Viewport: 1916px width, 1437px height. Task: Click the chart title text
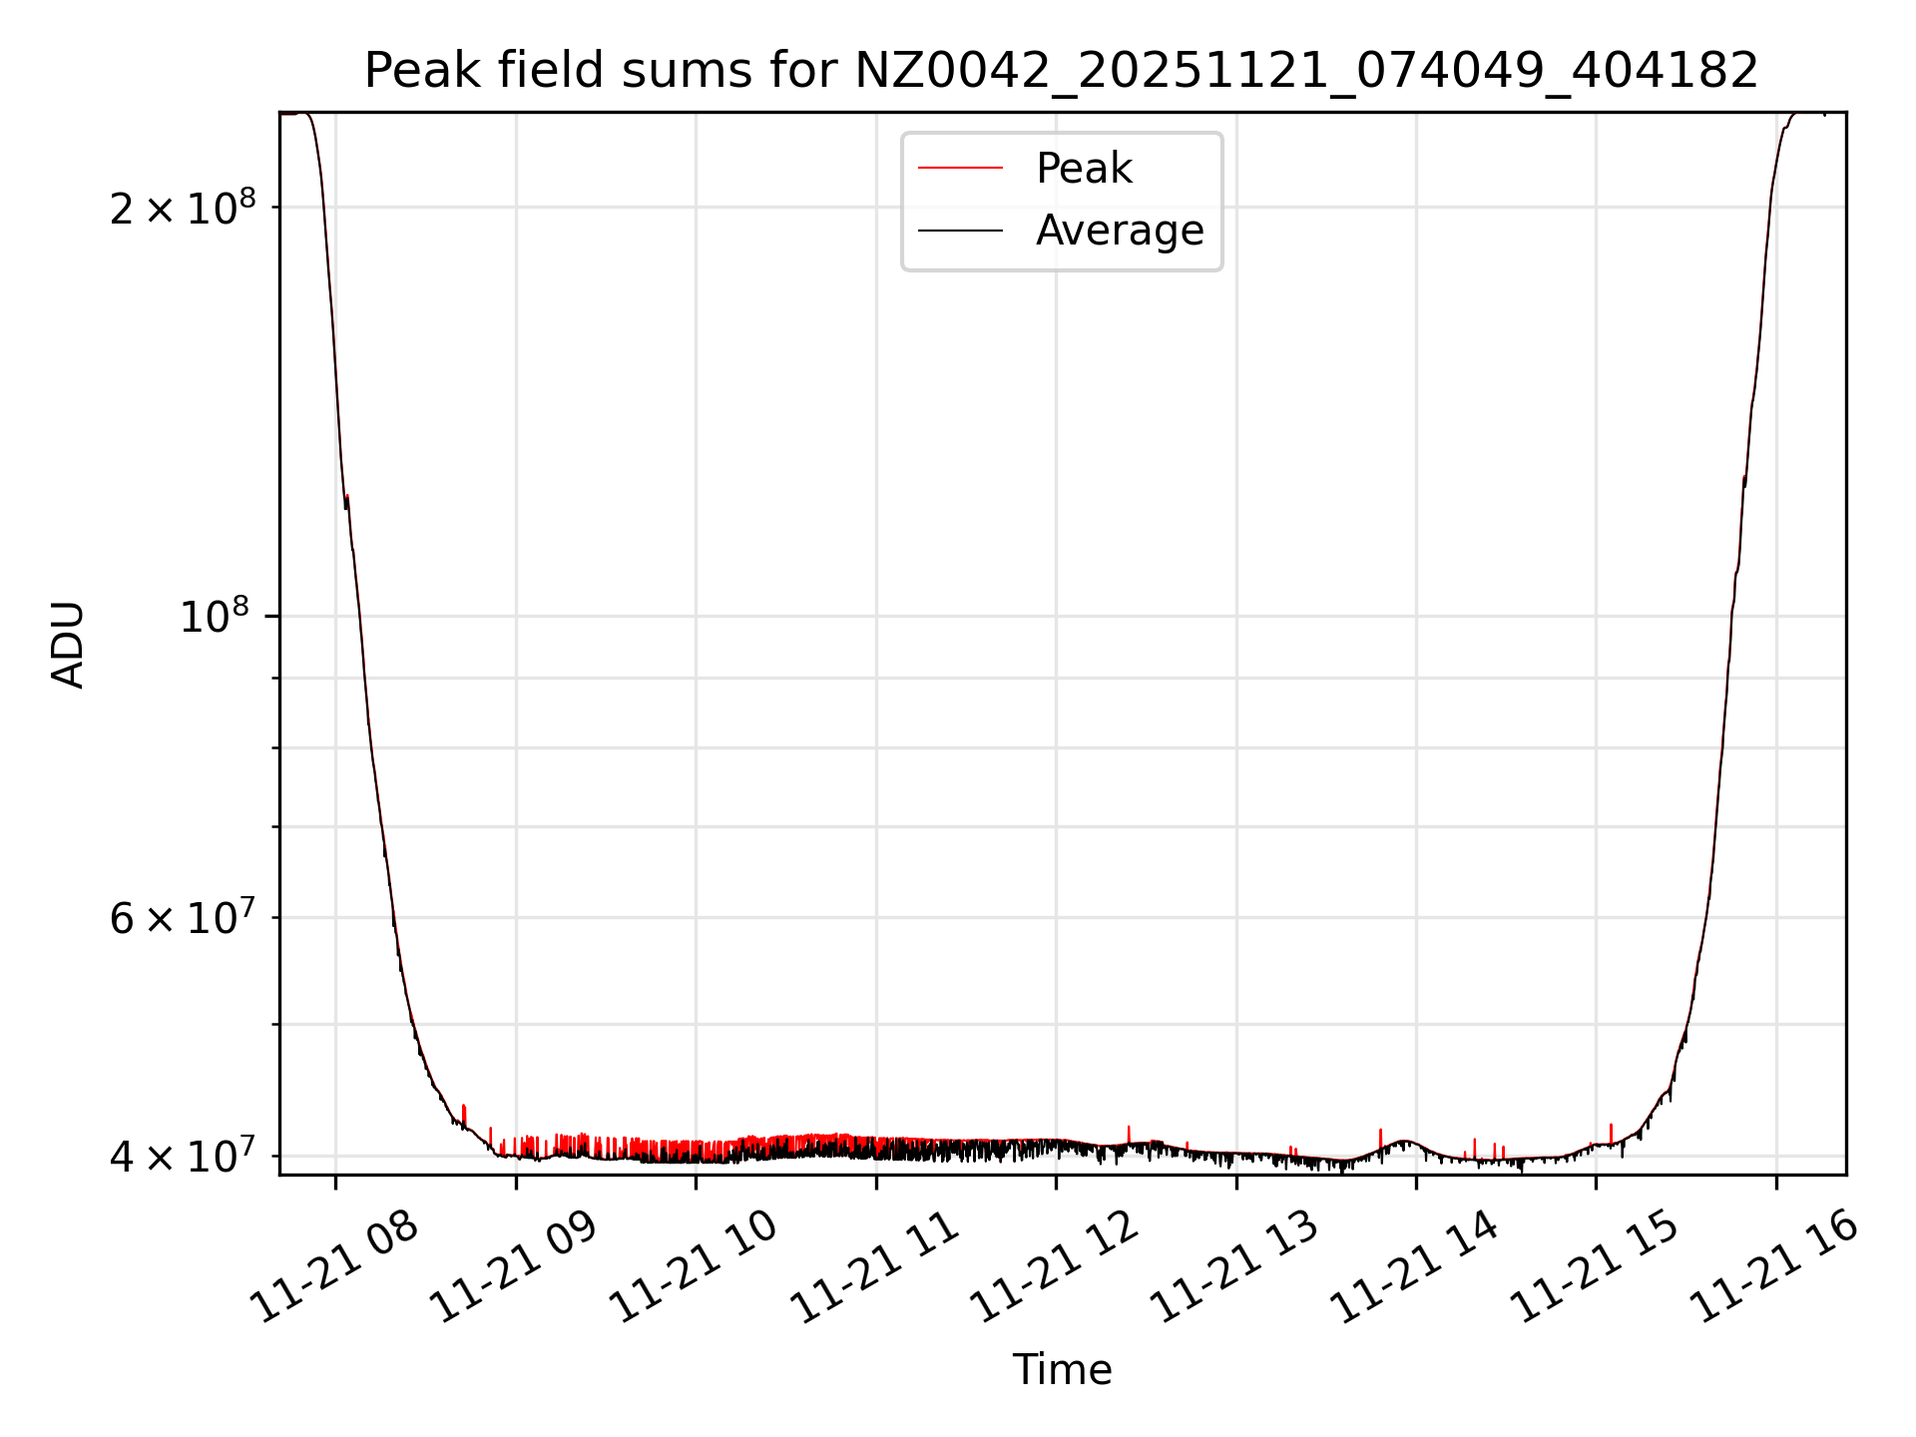pyautogui.click(x=1061, y=71)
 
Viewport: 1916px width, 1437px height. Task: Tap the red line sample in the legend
pyautogui.click(x=960, y=169)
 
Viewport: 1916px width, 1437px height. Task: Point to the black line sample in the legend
pyautogui.click(x=960, y=231)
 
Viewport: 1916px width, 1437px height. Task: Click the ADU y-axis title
pyautogui.click(x=68, y=645)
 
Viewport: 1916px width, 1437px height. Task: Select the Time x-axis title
pyautogui.click(x=1062, y=1370)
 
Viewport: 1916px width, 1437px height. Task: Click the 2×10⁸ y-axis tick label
pyautogui.click(x=183, y=208)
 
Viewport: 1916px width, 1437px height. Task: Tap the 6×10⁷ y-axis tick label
pyautogui.click(x=183, y=918)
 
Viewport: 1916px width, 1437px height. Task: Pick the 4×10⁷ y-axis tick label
pyautogui.click(x=183, y=1157)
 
